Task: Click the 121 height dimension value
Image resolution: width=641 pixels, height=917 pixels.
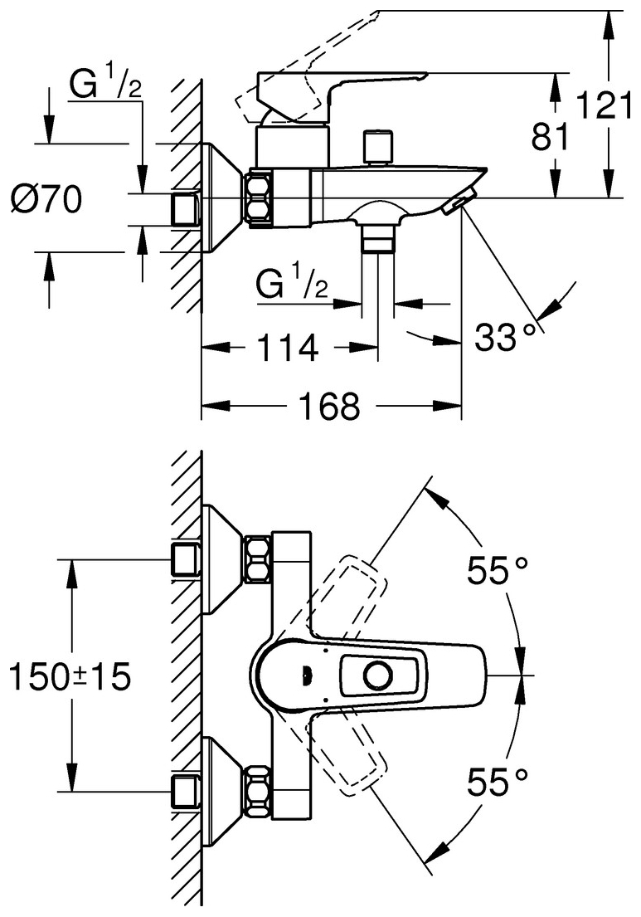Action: (605, 106)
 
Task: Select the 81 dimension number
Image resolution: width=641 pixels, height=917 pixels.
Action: (550, 138)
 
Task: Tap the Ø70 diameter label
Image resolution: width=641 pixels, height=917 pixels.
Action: (46, 201)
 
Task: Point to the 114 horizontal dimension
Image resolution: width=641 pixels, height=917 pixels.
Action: (289, 348)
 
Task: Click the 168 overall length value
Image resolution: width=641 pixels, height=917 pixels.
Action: (330, 406)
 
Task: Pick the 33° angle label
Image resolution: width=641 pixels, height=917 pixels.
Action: (504, 338)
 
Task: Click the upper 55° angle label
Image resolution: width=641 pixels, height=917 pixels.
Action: (498, 570)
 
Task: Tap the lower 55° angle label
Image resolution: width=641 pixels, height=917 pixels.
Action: (498, 783)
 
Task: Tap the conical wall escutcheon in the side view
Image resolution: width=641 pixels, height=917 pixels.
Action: (221, 198)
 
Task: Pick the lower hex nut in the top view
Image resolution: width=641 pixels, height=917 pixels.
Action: (258, 792)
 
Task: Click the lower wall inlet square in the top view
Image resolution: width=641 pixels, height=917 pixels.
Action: (185, 793)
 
